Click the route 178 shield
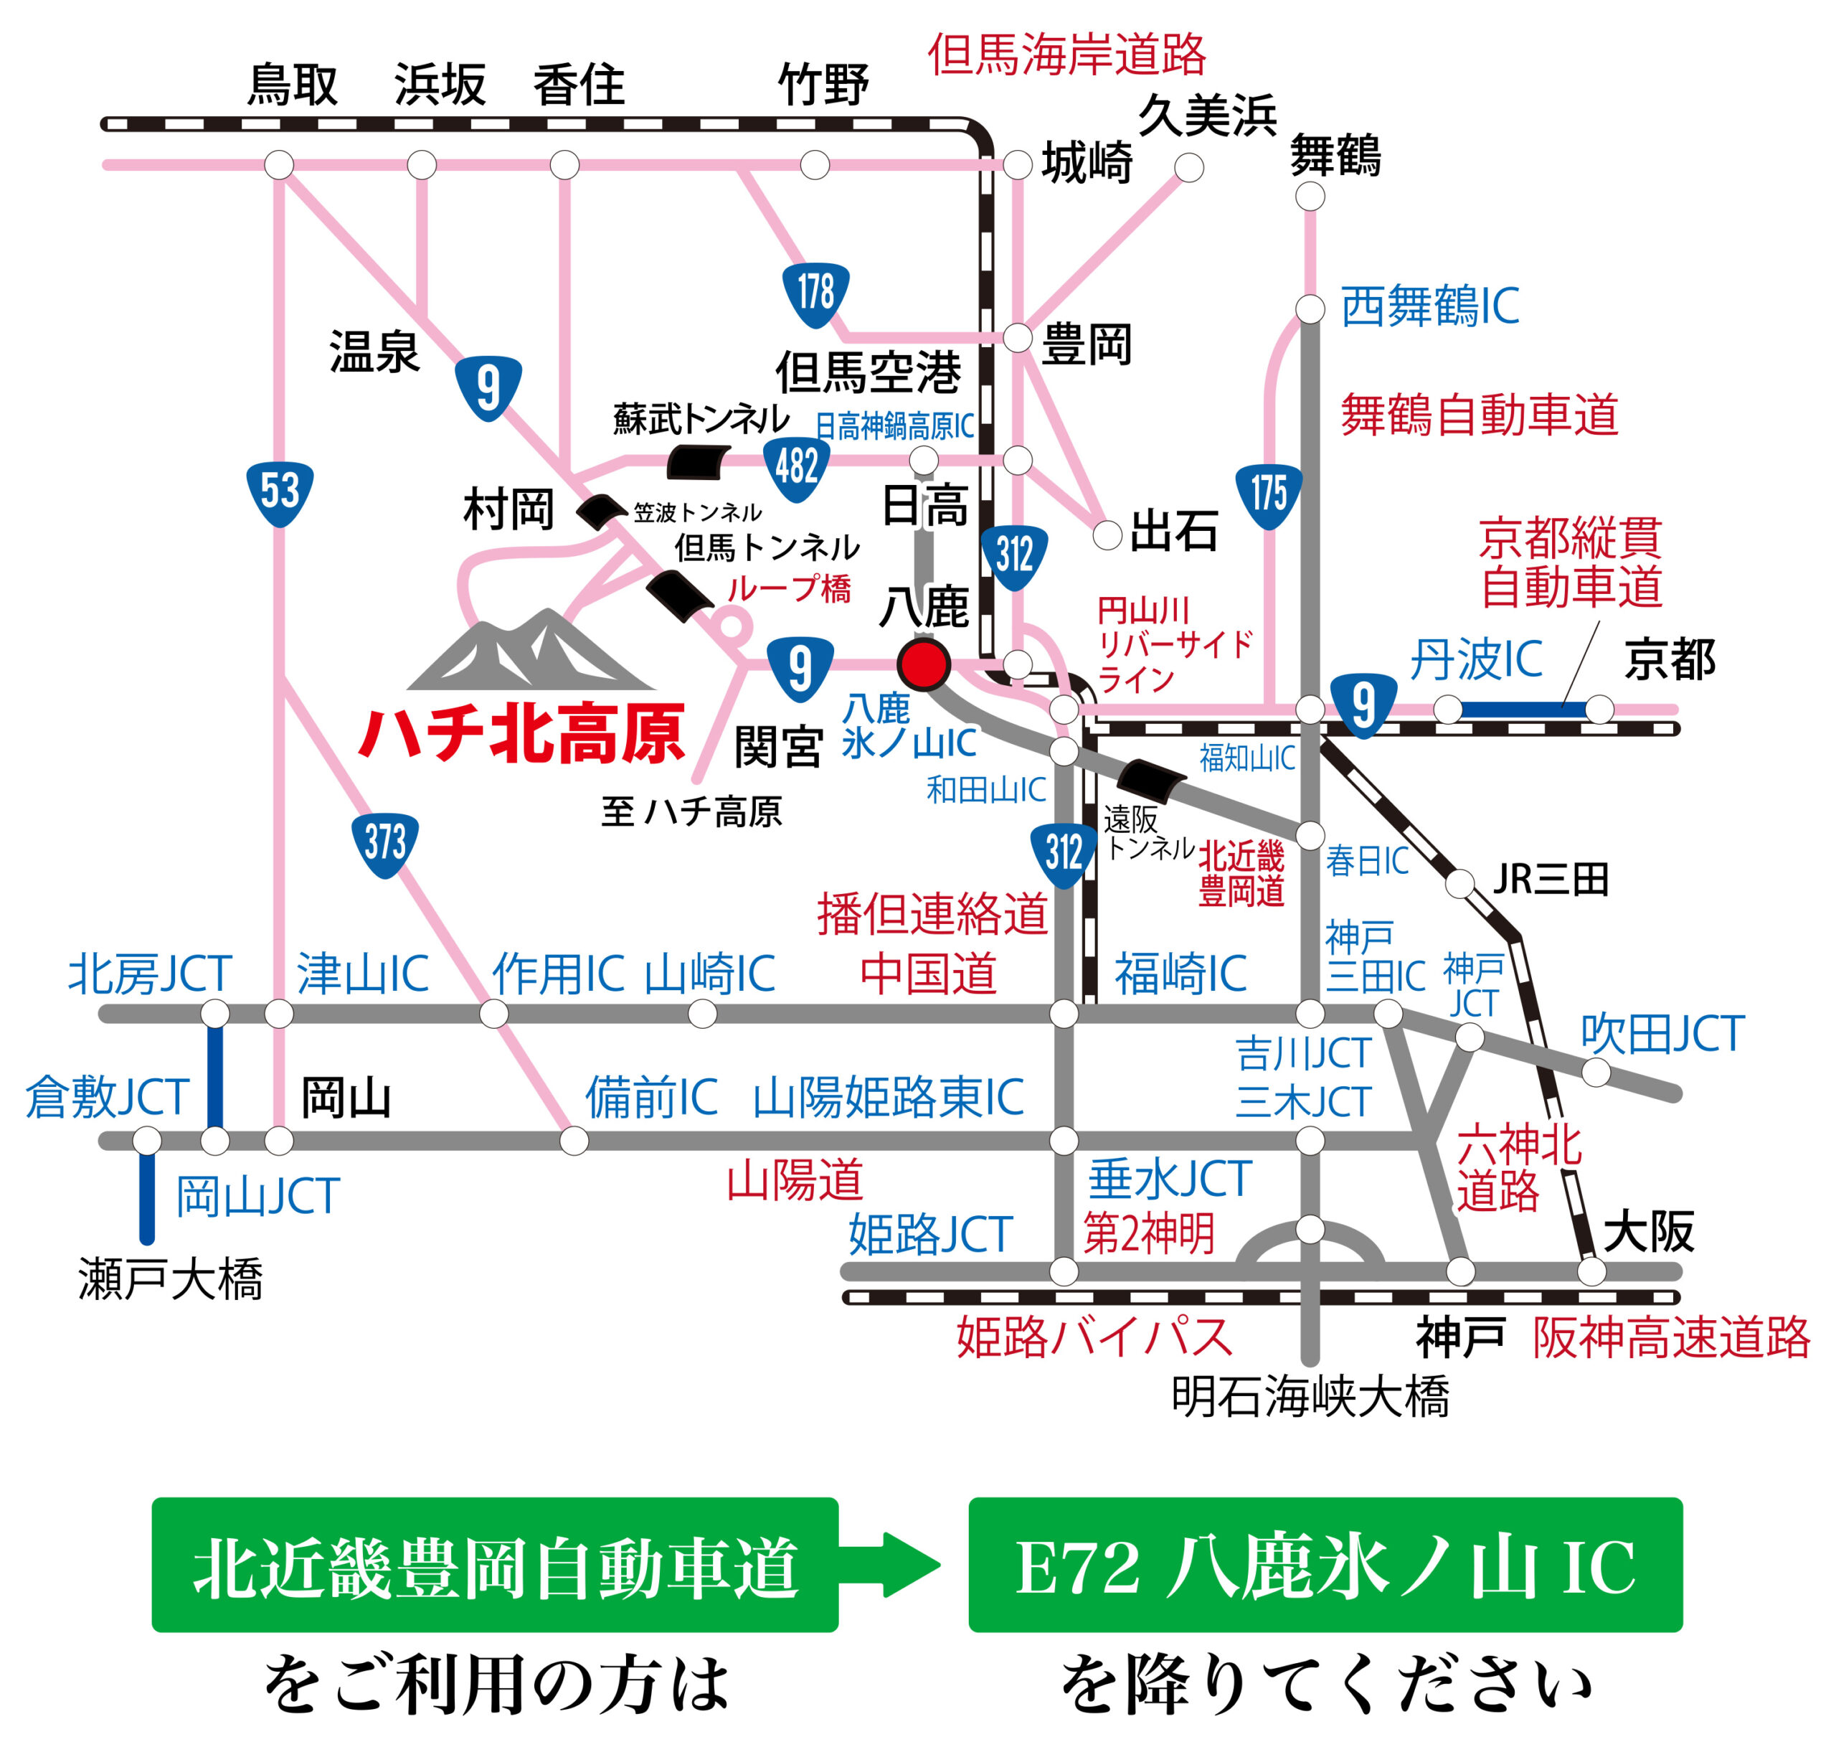coord(815,293)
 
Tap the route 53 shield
coord(279,493)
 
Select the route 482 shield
coord(796,468)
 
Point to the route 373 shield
coord(384,844)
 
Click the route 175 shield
coord(1269,496)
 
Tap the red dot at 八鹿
coord(922,664)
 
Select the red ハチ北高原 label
coord(522,735)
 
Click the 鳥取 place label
coord(291,85)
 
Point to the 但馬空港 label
coord(868,372)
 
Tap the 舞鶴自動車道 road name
coord(1480,415)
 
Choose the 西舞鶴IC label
coord(1429,306)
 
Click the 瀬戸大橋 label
coord(171,1279)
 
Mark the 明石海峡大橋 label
coord(1310,1397)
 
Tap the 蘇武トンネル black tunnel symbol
coord(697,461)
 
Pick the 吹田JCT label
coord(1662,1035)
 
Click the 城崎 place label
coord(1087,164)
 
